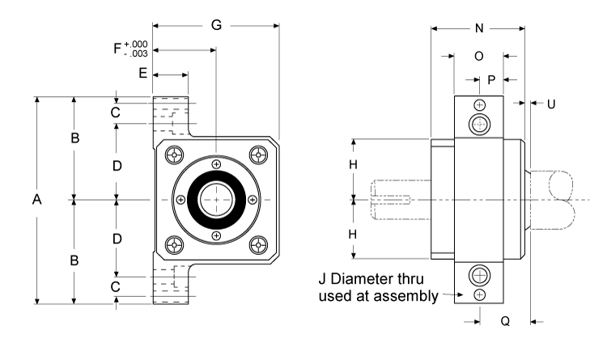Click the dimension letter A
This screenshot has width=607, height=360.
[36, 201]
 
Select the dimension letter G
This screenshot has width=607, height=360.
[216, 25]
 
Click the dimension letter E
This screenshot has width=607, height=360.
[142, 74]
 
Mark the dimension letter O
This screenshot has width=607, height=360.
[478, 57]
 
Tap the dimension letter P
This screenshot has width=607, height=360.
[490, 79]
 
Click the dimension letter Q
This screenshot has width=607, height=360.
[504, 321]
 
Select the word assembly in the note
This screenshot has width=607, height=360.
[405, 296]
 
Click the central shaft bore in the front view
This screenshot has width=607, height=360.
[216, 199]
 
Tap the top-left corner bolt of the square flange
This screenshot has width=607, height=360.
[173, 155]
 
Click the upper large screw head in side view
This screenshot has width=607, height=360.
[481, 124]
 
